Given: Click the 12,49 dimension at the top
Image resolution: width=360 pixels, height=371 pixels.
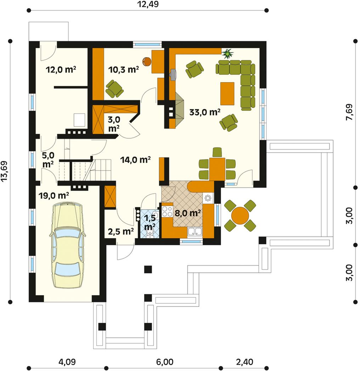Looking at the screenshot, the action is (x=148, y=4).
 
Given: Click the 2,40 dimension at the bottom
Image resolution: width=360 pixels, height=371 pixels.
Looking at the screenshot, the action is (x=244, y=362).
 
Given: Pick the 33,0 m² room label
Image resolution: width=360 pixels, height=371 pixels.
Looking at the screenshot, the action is (x=205, y=112).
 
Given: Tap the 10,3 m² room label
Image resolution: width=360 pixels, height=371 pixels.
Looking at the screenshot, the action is (x=123, y=69).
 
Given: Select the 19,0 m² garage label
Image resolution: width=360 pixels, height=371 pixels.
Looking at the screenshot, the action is (x=54, y=196).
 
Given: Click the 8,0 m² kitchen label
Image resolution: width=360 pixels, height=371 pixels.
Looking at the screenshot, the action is (x=188, y=213).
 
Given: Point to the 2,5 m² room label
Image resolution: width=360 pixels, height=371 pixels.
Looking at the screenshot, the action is (x=121, y=232).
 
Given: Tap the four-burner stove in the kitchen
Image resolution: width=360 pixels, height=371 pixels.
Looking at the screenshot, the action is (x=167, y=211).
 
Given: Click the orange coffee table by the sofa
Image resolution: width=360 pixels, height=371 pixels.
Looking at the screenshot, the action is (x=227, y=93).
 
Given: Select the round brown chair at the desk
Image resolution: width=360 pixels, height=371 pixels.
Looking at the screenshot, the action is (x=147, y=62).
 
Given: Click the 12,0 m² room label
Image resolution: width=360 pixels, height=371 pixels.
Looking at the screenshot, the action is (x=61, y=69).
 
